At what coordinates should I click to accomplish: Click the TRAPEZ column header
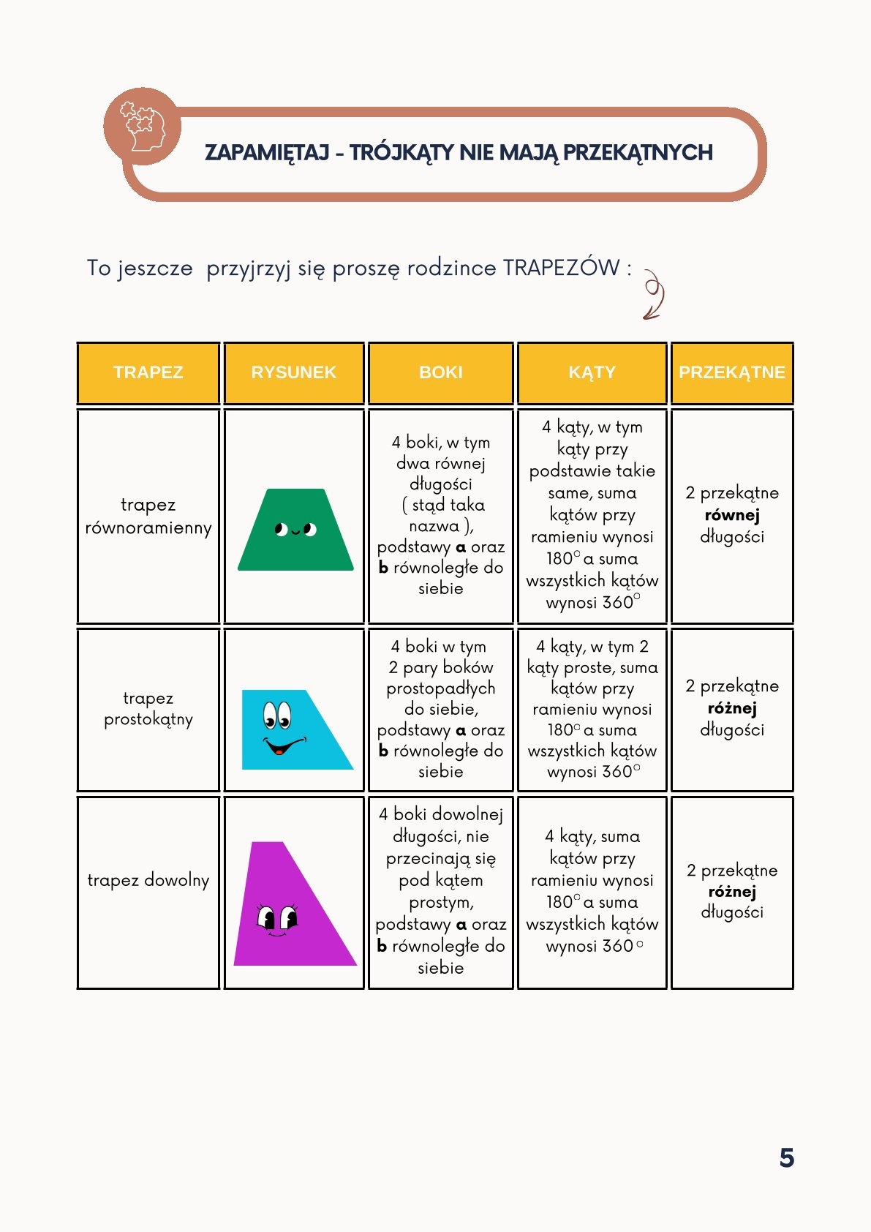pyautogui.click(x=148, y=372)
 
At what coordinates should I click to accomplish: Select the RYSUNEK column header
pyautogui.click(x=293, y=372)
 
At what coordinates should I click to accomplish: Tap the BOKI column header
pyautogui.click(x=440, y=372)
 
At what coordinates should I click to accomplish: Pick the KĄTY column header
pyautogui.click(x=592, y=372)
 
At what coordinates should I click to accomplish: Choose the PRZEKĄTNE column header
pyautogui.click(x=731, y=372)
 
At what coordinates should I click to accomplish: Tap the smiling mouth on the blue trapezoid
pyautogui.click(x=282, y=747)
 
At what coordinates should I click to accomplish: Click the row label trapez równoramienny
pyautogui.click(x=148, y=516)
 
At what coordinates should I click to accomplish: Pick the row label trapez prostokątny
pyautogui.click(x=148, y=708)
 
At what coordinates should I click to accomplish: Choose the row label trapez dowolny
pyautogui.click(x=148, y=879)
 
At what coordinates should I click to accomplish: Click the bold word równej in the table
pyautogui.click(x=732, y=515)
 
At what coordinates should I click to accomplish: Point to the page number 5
pyautogui.click(x=786, y=1157)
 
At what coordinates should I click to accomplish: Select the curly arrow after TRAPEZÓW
pyautogui.click(x=654, y=294)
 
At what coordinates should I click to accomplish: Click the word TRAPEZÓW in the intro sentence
pyautogui.click(x=561, y=268)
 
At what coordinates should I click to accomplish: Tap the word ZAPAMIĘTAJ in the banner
pyautogui.click(x=267, y=152)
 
